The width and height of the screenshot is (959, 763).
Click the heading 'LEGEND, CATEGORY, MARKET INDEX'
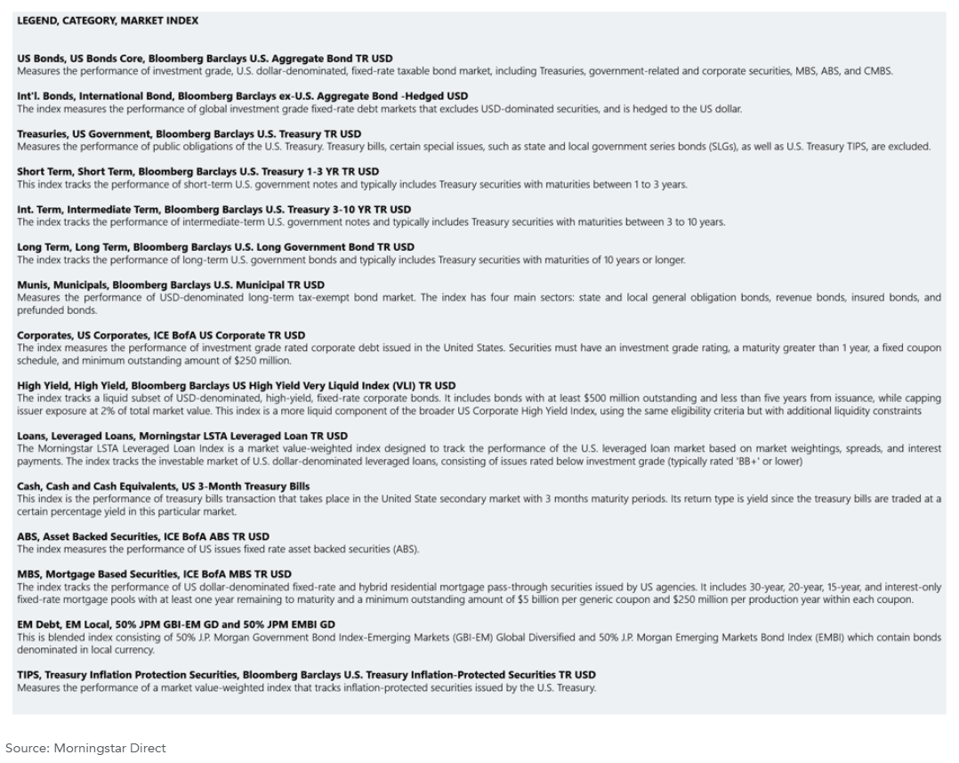[108, 20]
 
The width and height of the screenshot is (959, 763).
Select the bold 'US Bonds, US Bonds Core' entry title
[205, 59]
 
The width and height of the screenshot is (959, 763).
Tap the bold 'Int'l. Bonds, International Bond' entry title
[242, 96]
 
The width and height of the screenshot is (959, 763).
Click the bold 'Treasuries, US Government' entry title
[189, 134]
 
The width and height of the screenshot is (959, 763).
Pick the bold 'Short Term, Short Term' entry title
[197, 172]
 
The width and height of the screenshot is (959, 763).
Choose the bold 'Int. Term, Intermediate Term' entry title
[214, 210]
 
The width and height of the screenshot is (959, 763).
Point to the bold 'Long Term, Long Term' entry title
[215, 247]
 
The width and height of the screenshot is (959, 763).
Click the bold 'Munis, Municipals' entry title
[171, 285]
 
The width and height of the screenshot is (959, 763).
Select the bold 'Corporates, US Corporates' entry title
[161, 336]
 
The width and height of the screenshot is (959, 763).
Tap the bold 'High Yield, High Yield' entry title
[236, 386]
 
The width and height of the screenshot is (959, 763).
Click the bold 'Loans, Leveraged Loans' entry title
[182, 437]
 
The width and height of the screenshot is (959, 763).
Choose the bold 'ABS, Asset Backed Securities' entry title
[143, 537]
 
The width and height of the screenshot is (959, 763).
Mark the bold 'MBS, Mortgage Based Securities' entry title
[154, 574]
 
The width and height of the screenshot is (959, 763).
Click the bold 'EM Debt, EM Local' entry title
[176, 625]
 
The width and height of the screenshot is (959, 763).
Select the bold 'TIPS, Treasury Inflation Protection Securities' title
[306, 675]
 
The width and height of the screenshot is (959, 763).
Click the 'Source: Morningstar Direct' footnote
[85, 748]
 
